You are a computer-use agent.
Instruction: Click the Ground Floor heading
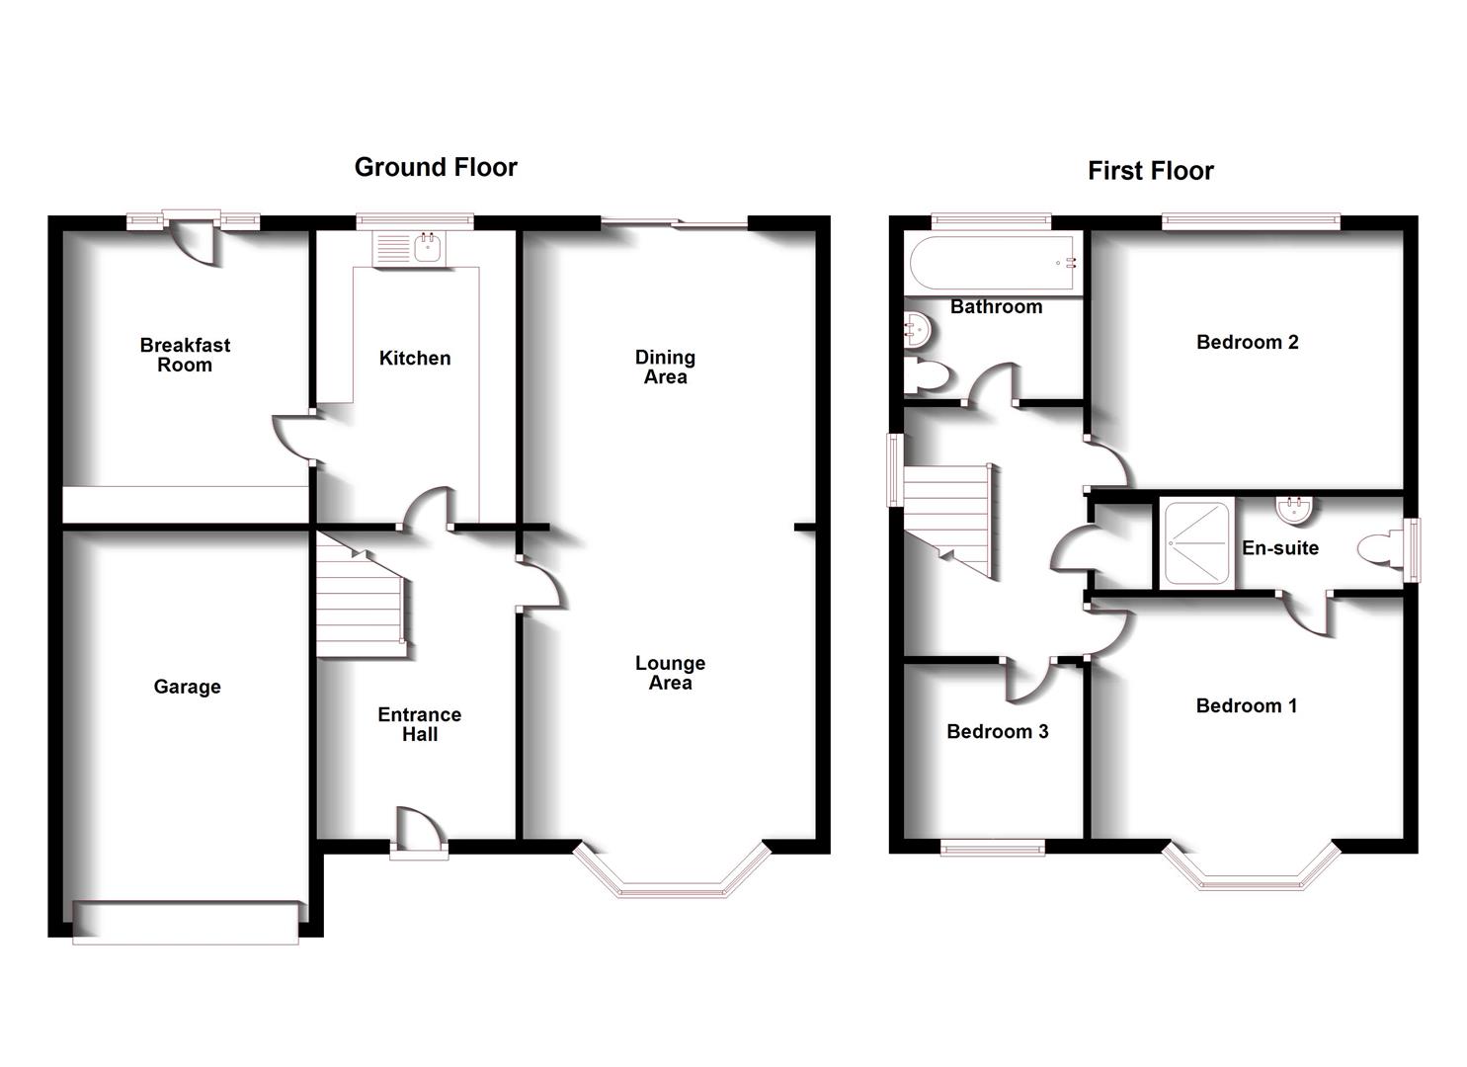[436, 168]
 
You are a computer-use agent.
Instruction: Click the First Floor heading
[1150, 171]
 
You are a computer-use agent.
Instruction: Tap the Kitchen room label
[415, 359]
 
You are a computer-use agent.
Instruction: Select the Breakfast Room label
[185, 355]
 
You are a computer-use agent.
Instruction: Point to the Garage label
[187, 687]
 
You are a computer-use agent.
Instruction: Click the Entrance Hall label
[420, 724]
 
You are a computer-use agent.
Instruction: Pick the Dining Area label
[665, 367]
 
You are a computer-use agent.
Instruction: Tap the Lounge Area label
[670, 673]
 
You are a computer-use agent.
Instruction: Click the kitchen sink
[427, 248]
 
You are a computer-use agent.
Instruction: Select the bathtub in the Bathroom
[993, 263]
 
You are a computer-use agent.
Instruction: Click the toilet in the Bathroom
[927, 376]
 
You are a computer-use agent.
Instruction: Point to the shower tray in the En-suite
[1196, 543]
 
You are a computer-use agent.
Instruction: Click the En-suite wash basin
[1293, 510]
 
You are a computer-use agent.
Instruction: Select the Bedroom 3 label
[997, 731]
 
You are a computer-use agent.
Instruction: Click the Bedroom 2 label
[1247, 343]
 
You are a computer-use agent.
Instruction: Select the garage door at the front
[186, 922]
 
